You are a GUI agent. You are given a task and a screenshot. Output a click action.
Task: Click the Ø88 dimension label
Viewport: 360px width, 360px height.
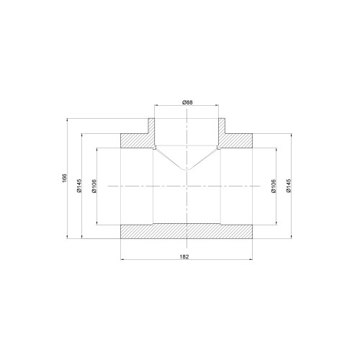[x=187, y=102]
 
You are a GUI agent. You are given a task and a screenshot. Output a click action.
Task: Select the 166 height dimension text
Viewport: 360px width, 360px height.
[x=64, y=177]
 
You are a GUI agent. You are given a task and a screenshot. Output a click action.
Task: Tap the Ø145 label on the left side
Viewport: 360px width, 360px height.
[x=79, y=186]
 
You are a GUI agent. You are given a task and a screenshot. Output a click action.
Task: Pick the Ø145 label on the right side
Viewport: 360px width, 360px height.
[x=289, y=186]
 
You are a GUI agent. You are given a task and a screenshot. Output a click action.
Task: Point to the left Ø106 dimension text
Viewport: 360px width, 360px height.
[x=94, y=186]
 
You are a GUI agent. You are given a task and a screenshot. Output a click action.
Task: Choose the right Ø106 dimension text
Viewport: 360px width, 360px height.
[x=274, y=186]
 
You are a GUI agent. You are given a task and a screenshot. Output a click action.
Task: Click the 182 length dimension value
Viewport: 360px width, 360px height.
[x=184, y=256]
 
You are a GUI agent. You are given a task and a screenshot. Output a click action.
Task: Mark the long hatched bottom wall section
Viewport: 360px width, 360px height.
[x=186, y=231]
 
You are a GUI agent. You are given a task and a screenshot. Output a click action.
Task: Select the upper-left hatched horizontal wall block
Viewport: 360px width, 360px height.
[x=137, y=140]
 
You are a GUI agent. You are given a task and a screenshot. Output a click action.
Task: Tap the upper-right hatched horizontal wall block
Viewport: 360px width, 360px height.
[x=236, y=140]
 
